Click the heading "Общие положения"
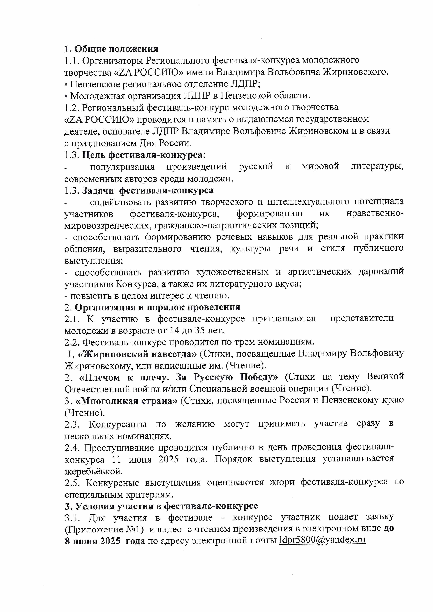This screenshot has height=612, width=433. tap(116, 49)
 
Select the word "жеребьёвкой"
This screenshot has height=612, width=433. tap(94, 472)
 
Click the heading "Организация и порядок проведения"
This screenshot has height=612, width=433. tap(157, 307)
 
